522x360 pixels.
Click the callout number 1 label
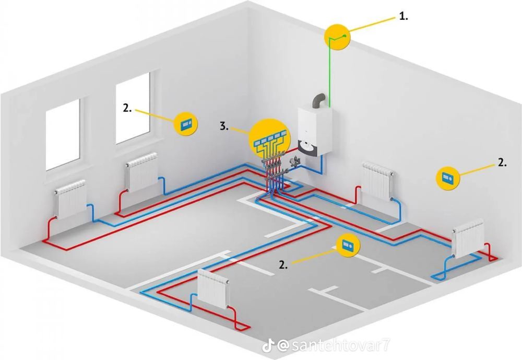pos(404,16)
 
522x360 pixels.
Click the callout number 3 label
pos(224,126)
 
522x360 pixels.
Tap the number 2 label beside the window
pos(127,108)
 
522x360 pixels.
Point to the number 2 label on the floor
pos(283,265)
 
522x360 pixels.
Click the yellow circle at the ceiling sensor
pos(337,37)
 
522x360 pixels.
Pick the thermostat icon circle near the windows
pos(186,124)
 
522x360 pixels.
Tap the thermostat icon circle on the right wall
pos(448,178)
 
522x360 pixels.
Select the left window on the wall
pos(63,134)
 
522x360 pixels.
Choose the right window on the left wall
pos(133,108)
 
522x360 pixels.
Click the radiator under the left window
pos(70,199)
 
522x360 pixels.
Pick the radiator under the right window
pos(141,172)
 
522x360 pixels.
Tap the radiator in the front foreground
pos(213,289)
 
